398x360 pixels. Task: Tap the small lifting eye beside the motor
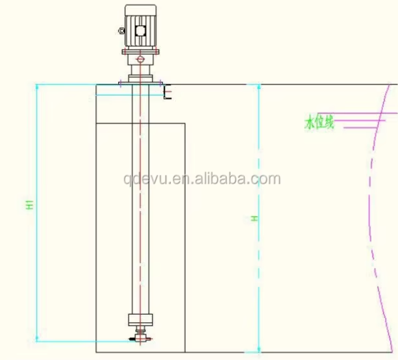(121, 29)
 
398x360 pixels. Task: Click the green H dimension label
(255, 220)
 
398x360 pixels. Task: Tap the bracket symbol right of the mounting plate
(167, 93)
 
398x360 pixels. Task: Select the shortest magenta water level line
(351, 127)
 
